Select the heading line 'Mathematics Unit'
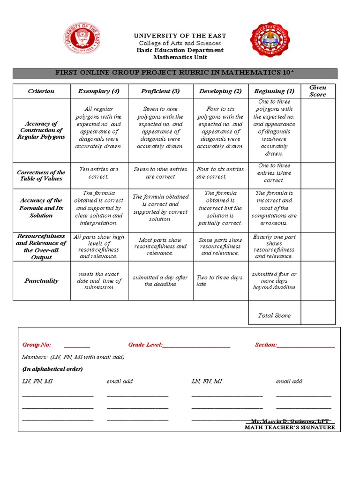click(x=180, y=57)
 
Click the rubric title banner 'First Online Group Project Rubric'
click(x=175, y=73)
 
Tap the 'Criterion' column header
click(x=41, y=91)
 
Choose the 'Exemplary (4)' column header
click(x=99, y=91)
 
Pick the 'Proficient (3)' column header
click(x=160, y=91)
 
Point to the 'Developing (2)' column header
click(x=220, y=91)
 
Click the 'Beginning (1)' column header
click(x=274, y=91)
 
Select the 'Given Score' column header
click(x=318, y=91)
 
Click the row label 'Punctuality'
click(x=41, y=281)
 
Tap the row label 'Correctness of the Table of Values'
click(x=41, y=176)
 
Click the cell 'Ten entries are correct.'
click(x=99, y=173)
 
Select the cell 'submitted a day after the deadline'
click(x=160, y=281)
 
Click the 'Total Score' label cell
click(x=274, y=315)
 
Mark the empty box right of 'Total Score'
click(x=318, y=313)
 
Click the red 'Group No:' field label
click(x=37, y=345)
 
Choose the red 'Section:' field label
click(x=266, y=345)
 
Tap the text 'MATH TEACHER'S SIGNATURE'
click(x=290, y=427)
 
